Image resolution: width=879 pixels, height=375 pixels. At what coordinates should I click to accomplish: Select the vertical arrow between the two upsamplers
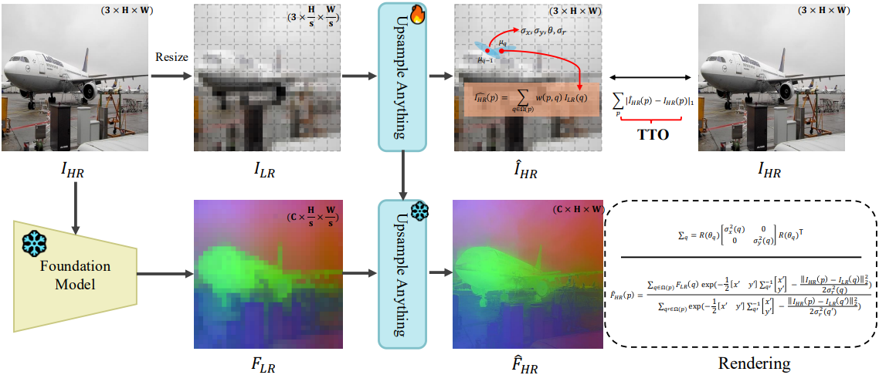pos(402,174)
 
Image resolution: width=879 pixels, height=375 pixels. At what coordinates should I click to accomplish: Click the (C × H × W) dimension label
pos(578,209)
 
